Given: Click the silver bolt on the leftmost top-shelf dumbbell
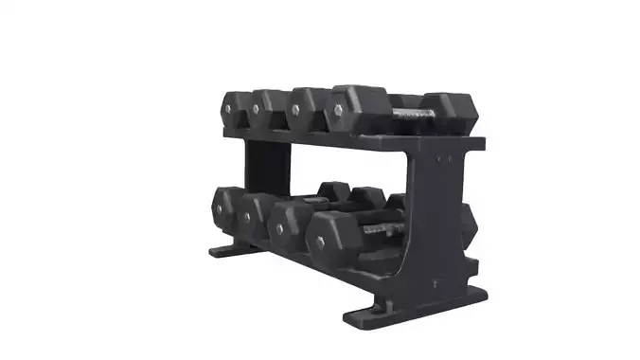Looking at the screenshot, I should [227, 108].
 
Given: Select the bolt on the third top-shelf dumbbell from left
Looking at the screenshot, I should [294, 111].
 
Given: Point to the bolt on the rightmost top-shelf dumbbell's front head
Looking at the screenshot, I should [335, 116].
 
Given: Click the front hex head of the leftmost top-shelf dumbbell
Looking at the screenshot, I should [233, 108].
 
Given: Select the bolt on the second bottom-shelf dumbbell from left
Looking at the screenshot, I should [245, 216].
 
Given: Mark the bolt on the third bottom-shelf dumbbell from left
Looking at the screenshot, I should [278, 228].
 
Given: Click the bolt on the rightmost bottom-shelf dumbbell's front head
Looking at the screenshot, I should [320, 242].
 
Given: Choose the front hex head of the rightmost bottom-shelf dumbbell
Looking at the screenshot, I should [331, 241].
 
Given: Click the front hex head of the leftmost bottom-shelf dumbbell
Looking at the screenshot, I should [224, 207].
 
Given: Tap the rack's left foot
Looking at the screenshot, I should [227, 251].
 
